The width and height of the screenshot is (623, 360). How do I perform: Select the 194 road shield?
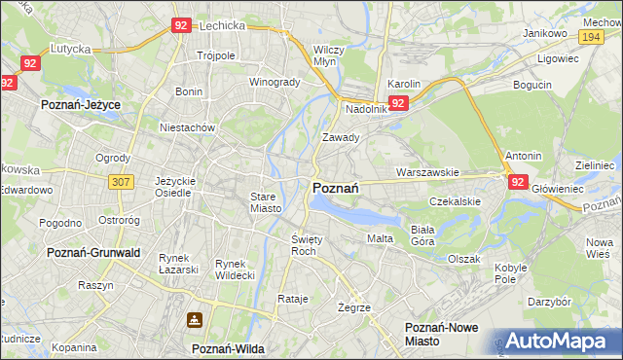pyautogui.click(x=590, y=36)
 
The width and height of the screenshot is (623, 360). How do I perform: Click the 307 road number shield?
pyautogui.click(x=122, y=182)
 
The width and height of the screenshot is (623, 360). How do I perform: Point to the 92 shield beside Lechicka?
pyautogui.click(x=179, y=26)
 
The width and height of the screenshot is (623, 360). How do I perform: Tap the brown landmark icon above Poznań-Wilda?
pyautogui.click(x=195, y=320)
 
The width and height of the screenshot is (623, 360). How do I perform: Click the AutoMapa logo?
pyautogui.click(x=564, y=341)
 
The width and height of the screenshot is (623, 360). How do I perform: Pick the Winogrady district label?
pyautogui.click(x=275, y=82)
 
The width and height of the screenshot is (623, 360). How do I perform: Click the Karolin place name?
pyautogui.click(x=403, y=85)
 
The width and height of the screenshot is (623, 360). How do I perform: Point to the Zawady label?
pyautogui.click(x=341, y=138)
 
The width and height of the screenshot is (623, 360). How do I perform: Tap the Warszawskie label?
pyautogui.click(x=427, y=172)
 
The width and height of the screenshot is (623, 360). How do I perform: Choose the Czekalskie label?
pyautogui.click(x=456, y=201)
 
